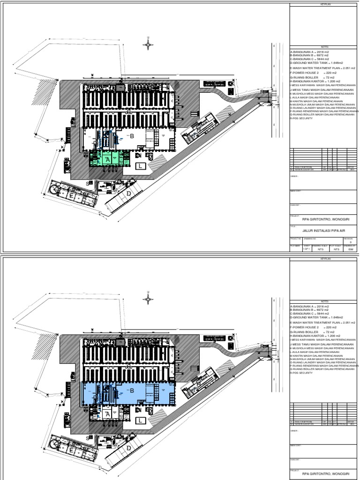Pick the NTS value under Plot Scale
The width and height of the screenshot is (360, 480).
tap(336, 250)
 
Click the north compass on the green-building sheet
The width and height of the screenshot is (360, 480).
tap(148, 44)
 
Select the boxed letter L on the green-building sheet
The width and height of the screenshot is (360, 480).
tap(140, 166)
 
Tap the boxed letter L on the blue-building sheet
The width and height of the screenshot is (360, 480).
tap(140, 420)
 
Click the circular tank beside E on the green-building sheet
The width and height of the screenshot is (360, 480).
tap(55, 189)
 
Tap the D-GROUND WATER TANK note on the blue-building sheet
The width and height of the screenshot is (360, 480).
tap(315, 317)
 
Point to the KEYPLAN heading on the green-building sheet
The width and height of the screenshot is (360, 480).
tap(325, 4)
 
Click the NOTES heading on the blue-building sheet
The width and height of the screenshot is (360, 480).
tap(325, 302)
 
